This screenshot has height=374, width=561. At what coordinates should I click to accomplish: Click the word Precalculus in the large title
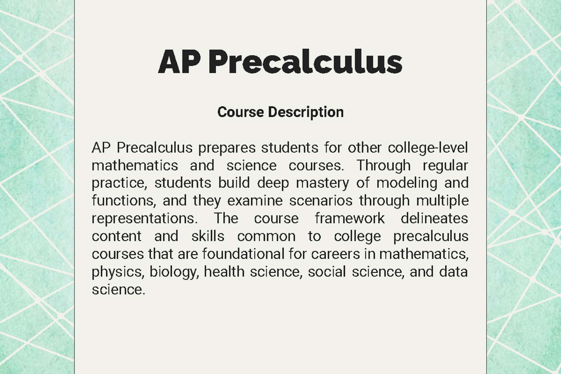coord(305,62)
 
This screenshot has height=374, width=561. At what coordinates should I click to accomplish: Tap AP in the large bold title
coord(179,62)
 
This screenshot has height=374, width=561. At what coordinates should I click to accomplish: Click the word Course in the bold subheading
coord(241,112)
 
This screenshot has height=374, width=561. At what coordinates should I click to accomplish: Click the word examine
coord(255,201)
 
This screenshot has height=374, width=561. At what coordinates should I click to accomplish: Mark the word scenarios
coord(321,201)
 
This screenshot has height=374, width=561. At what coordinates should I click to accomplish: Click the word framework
coord(350,218)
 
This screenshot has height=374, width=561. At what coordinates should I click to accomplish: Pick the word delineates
coord(434,218)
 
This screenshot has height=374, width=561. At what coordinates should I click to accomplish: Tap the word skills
coord(208,236)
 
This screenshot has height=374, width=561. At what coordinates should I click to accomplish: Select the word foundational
coord(243,254)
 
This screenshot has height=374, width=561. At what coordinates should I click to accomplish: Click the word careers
coord(335,254)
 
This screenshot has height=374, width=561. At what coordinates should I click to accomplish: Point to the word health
coord(224,272)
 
